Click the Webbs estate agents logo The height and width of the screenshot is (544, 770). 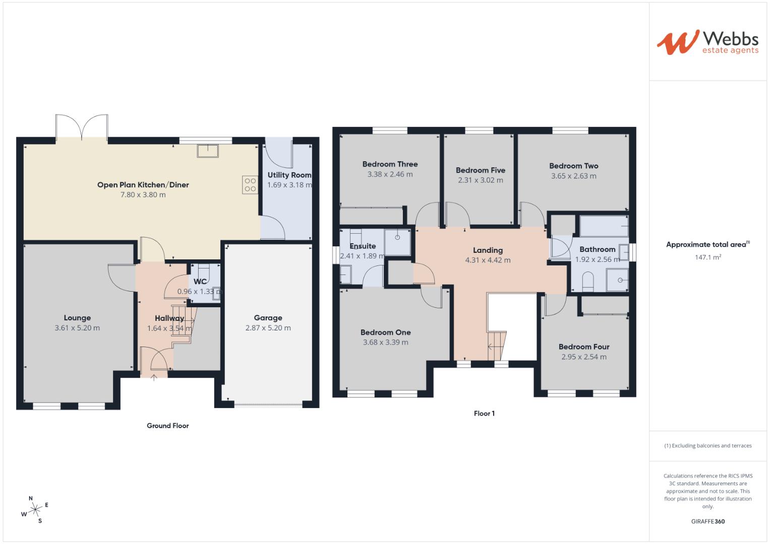click(x=707, y=42)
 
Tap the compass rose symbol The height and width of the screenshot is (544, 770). click(x=35, y=510)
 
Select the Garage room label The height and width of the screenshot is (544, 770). click(x=268, y=318)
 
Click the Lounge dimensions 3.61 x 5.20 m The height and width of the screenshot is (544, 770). click(x=77, y=328)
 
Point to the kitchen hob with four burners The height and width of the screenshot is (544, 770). click(x=250, y=184)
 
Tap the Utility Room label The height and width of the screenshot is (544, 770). click(x=289, y=175)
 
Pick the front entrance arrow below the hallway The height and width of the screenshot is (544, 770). click(x=154, y=378)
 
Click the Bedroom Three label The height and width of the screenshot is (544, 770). click(x=390, y=164)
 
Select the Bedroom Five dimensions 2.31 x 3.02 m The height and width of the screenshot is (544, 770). click(x=480, y=180)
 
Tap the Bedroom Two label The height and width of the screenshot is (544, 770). click(x=573, y=166)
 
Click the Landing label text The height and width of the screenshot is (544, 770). click(x=488, y=250)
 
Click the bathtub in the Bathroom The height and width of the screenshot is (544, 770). click(x=604, y=226)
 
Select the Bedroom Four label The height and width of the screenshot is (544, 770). click(x=584, y=347)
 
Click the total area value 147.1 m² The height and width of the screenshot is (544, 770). click(x=707, y=257)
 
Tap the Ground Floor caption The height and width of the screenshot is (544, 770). click(x=168, y=426)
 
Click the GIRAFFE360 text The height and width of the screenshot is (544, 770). click(x=707, y=521)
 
